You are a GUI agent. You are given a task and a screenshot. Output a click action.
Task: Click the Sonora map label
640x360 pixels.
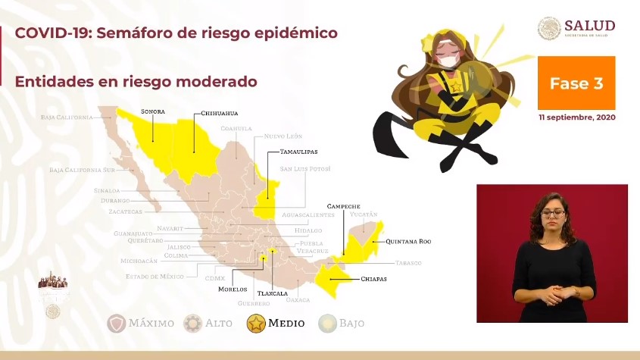click(x=152, y=111)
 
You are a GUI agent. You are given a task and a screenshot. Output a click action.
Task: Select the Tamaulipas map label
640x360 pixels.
click(x=298, y=152)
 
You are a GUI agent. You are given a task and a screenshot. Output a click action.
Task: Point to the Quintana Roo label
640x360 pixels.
click(x=407, y=242)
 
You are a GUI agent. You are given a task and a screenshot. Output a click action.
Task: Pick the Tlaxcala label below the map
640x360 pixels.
click(x=273, y=292)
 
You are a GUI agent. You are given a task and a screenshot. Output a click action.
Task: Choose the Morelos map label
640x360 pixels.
click(x=233, y=289)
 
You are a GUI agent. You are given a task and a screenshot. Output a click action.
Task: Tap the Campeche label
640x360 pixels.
click(x=343, y=206)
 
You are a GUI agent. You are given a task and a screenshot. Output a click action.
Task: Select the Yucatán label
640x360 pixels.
click(x=363, y=215)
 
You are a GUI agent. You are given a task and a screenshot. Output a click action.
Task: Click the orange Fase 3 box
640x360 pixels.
click(x=576, y=83)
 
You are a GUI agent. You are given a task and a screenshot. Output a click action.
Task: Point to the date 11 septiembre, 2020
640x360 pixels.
click(x=576, y=118)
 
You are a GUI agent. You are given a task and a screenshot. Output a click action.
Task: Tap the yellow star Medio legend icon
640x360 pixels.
click(x=257, y=323)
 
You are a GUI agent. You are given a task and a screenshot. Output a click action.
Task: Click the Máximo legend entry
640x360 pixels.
click(x=141, y=323)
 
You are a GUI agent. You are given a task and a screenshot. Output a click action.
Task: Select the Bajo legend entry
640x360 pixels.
click(x=342, y=323)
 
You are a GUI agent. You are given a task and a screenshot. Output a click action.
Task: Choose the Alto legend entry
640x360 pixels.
click(x=208, y=323)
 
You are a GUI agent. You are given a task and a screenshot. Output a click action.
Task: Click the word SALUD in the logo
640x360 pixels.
click(x=589, y=26)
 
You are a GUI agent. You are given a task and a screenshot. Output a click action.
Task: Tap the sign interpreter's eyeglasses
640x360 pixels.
click(x=553, y=214)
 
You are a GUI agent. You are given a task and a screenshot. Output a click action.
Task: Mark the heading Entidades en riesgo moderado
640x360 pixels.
click(x=136, y=81)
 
